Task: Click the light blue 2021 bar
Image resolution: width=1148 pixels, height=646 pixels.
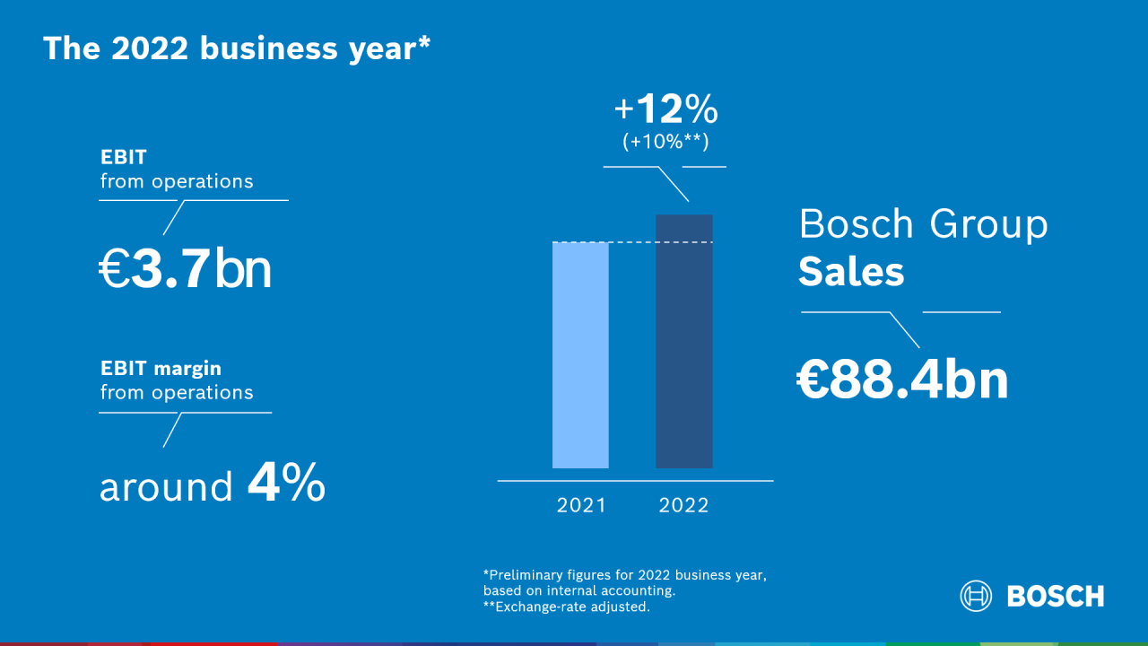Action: (580, 355)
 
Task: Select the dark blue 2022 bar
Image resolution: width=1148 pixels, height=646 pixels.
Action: (684, 341)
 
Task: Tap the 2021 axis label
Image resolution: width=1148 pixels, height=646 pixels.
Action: (581, 505)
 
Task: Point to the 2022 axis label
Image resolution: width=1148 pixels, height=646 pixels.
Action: (683, 505)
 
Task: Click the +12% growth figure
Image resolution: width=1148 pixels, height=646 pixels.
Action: (665, 109)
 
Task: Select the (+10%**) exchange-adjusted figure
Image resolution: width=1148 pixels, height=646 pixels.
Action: (665, 141)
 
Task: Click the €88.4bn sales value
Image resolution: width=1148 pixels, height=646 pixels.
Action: (902, 380)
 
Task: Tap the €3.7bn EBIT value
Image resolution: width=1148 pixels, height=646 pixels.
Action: (185, 270)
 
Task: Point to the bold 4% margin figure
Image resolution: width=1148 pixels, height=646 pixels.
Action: (286, 484)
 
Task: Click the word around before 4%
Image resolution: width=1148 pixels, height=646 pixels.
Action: (166, 487)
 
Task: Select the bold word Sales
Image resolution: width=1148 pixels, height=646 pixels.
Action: (851, 271)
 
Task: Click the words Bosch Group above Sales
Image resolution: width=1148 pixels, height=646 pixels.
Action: (923, 224)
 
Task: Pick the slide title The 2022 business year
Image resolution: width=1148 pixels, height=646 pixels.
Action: (230, 48)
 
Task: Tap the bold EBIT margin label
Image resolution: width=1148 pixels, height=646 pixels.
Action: (161, 368)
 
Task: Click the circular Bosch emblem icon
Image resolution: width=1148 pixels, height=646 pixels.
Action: (976, 596)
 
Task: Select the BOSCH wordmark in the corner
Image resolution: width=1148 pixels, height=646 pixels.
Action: (1056, 596)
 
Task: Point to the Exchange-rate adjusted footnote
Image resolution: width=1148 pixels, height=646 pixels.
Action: (567, 607)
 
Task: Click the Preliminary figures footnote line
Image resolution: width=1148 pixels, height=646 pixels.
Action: (625, 574)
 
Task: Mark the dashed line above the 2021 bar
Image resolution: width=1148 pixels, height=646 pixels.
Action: (628, 242)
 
